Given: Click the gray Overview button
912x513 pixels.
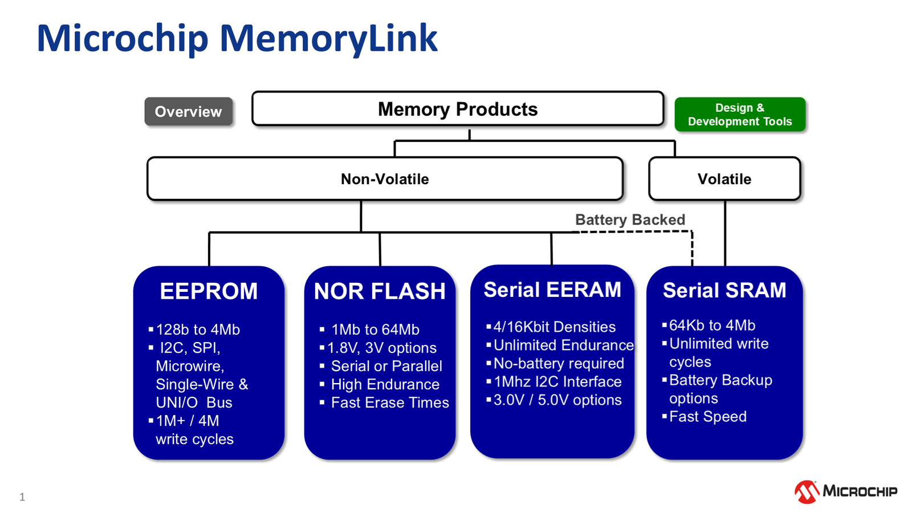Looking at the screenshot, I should coord(188,112).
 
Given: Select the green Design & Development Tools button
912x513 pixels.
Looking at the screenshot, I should coord(739,115).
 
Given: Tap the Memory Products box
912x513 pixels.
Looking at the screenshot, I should coord(457,109).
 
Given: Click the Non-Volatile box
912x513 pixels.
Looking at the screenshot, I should coord(385,179).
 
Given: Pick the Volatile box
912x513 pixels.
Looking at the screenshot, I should coord(724,179).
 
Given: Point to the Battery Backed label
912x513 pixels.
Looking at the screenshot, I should coord(630,219).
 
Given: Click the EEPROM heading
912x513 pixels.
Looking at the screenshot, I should coord(209,291).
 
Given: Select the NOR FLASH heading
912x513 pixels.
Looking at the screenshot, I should coord(380,291).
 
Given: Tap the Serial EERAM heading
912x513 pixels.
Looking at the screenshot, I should coord(552,290).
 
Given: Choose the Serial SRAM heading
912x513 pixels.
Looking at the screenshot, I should coord(724,290).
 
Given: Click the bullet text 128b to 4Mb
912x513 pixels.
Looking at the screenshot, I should coord(198,329).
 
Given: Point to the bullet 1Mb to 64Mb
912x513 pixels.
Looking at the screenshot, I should coord(375,329).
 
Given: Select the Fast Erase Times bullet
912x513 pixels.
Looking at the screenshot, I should coord(390,402).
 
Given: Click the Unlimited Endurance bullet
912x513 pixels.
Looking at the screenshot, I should coord(563,345).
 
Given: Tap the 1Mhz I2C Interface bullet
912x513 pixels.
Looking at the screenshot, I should coord(557,381).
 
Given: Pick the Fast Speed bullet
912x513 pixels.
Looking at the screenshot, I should coord(707,417).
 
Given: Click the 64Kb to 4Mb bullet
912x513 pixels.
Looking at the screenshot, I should coord(712,325).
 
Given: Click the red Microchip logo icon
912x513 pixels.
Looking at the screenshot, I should coord(807,492).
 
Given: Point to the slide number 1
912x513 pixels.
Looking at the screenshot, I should coord(22,497).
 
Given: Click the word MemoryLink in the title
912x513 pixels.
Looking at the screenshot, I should coord(328,39).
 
